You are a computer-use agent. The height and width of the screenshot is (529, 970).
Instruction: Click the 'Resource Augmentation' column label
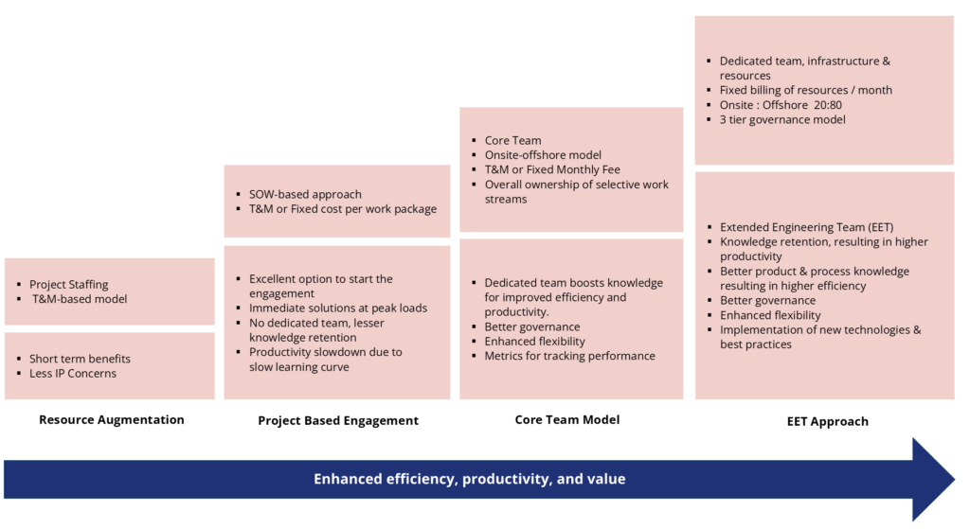[111, 419]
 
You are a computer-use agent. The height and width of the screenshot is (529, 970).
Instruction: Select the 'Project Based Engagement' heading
[338, 420]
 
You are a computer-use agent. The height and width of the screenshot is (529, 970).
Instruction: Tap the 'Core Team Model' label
[567, 419]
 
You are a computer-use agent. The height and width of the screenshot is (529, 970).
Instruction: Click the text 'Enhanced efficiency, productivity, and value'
[470, 479]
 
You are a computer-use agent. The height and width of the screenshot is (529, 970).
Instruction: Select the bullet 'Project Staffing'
[68, 284]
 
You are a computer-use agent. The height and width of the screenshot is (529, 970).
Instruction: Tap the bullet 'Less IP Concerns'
[73, 373]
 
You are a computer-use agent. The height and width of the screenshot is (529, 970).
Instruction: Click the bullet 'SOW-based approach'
[305, 194]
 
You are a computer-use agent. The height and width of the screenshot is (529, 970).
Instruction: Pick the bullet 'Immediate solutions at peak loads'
[338, 308]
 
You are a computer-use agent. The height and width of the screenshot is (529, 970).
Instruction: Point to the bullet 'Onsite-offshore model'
[543, 155]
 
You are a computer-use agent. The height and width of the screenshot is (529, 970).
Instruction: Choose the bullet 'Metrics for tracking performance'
[569, 356]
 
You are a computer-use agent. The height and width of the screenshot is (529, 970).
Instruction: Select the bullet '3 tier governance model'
[782, 119]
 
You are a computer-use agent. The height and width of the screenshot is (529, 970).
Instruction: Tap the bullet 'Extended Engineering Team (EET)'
[805, 227]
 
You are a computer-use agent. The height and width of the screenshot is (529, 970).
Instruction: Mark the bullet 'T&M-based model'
[80, 299]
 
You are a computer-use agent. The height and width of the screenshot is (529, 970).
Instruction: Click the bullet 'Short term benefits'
[80, 359]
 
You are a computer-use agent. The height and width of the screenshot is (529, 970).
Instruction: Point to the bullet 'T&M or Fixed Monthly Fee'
[552, 169]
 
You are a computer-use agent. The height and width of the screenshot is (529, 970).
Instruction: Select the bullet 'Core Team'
[512, 140]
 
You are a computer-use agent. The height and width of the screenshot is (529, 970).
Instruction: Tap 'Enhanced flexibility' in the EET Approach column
[770, 315]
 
